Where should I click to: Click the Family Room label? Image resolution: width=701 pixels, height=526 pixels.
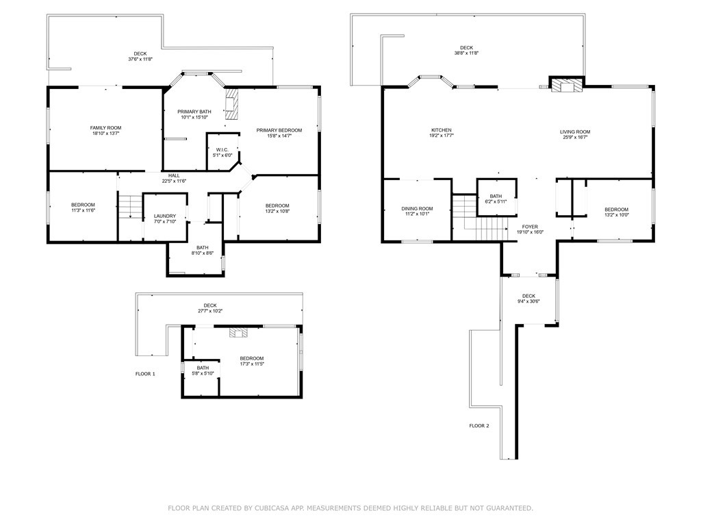coord(105,128)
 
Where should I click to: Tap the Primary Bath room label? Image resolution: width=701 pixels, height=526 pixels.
coord(194,112)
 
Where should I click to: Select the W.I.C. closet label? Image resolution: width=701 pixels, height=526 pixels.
coord(222,150)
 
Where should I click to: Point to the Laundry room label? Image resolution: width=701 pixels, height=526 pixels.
coord(165,216)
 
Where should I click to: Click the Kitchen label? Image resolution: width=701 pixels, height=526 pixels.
coord(442,130)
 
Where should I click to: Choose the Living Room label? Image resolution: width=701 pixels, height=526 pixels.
coord(575,132)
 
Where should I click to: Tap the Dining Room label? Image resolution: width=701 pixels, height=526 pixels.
coord(417,208)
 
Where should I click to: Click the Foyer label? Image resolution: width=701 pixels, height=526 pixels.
coord(530,227)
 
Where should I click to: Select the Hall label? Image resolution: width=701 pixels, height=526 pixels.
coord(174,176)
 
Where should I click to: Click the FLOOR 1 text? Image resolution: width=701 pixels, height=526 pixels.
coord(145,374)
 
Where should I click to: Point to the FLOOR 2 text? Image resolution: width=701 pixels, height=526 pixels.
coord(479,426)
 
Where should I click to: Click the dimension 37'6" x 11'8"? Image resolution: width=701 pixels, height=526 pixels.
coord(140,59)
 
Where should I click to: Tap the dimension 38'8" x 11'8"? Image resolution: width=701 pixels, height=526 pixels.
coord(466,53)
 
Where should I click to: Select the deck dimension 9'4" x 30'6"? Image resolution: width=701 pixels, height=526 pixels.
coord(528,301)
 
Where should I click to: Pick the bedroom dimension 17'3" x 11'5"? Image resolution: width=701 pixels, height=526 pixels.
coord(252,364)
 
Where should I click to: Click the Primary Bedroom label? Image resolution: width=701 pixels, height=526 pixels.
coord(279,131)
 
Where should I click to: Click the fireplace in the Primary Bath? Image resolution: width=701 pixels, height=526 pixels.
coord(231,104)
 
